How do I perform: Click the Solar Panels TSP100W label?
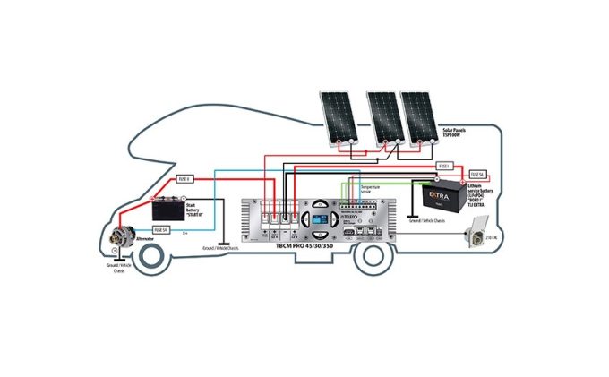458,133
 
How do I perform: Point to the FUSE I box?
443,167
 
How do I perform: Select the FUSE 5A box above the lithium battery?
476,174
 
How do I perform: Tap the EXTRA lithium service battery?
440,196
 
